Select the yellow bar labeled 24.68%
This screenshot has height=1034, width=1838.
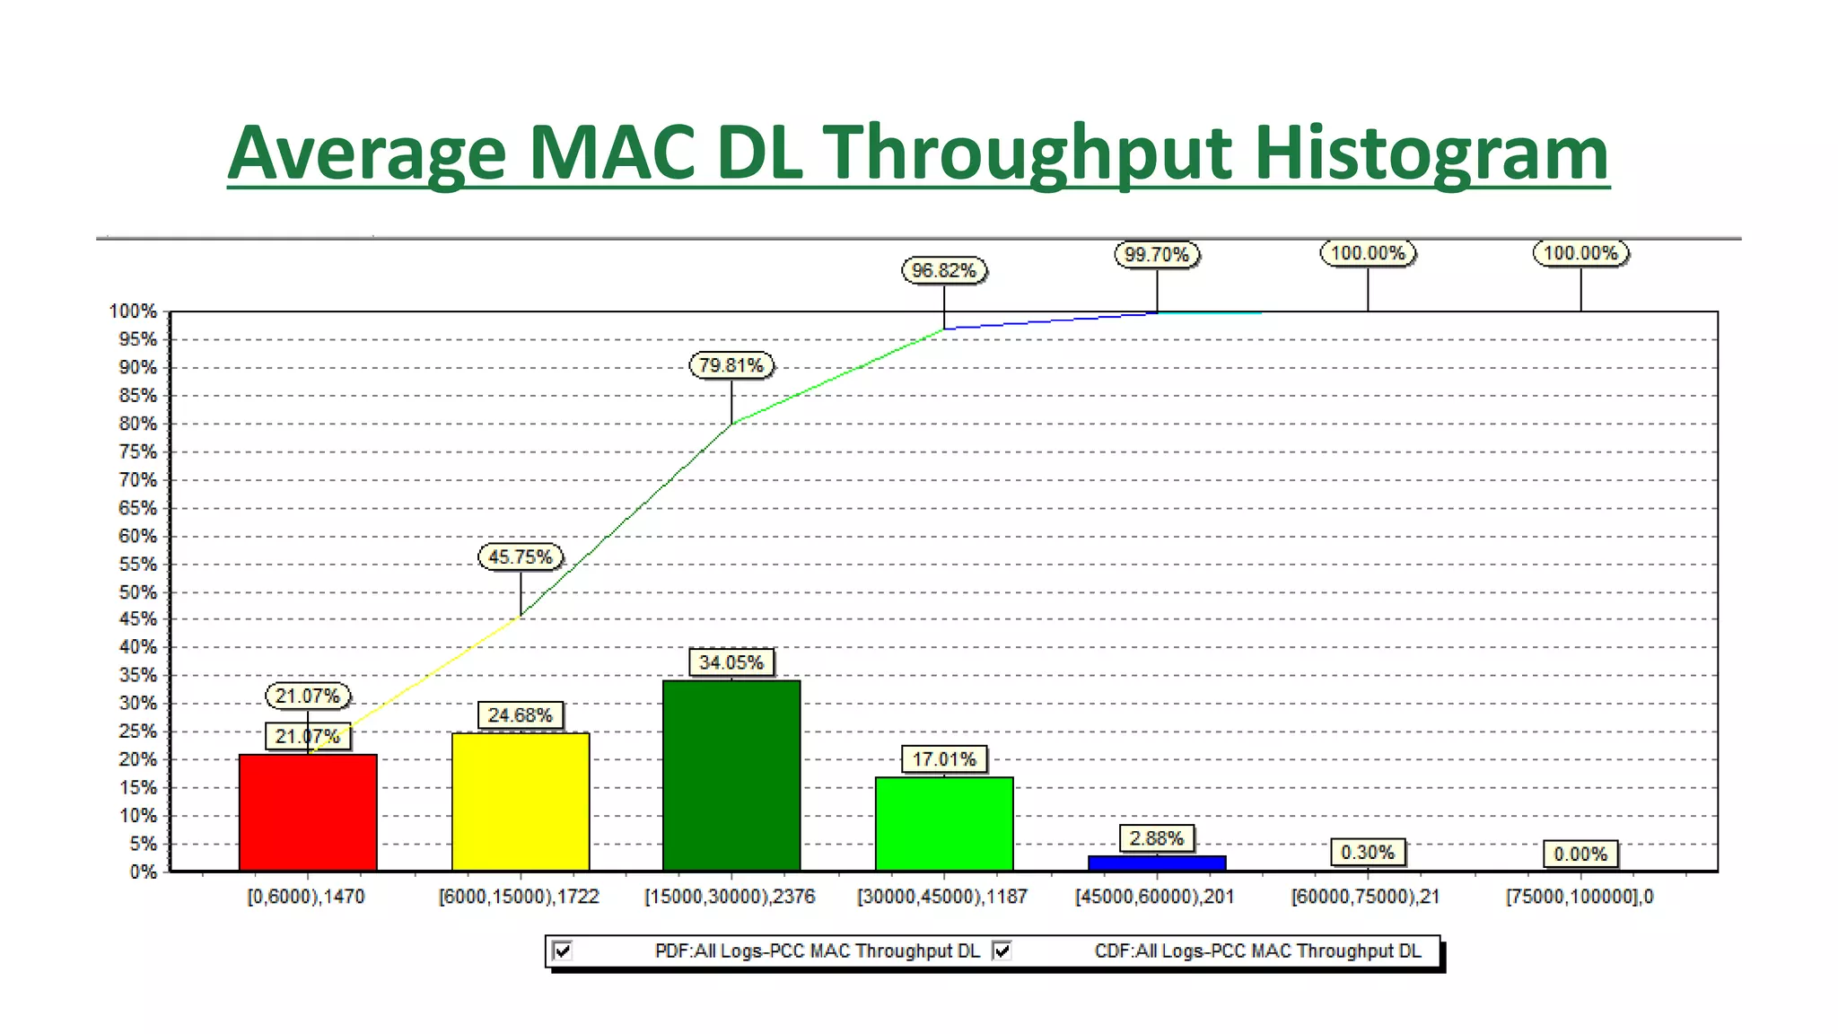tap(521, 802)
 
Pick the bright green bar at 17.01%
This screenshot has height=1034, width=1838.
tap(944, 823)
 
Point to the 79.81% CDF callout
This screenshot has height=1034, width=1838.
tap(731, 365)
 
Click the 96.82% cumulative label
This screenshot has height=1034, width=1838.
tap(944, 270)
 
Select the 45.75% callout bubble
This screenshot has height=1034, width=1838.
tap(521, 556)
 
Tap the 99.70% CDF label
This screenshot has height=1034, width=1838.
tap(1157, 255)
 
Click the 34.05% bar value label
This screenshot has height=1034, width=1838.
tap(731, 662)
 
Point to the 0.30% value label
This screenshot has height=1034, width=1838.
tap(1368, 852)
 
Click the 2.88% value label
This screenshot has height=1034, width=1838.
tap(1157, 838)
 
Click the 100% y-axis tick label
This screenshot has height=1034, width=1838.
tap(133, 311)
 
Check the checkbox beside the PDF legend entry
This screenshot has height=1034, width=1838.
tap(563, 951)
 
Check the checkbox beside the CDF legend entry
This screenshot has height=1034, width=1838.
tap(1002, 951)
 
